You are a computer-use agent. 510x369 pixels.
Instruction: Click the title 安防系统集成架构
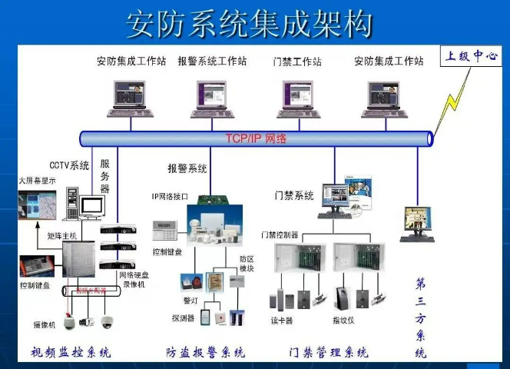coord(250,25)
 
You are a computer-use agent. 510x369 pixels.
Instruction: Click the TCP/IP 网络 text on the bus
coord(256,138)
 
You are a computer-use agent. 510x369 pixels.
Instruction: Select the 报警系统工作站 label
coord(212,61)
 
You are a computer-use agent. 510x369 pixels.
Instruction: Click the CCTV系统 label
coord(69,165)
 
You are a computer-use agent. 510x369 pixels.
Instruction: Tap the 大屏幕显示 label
coord(38,181)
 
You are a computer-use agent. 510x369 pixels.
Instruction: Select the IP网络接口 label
coord(169,196)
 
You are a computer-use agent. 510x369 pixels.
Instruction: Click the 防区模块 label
coord(247,264)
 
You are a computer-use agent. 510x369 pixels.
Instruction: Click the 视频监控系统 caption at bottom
coord(71,353)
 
